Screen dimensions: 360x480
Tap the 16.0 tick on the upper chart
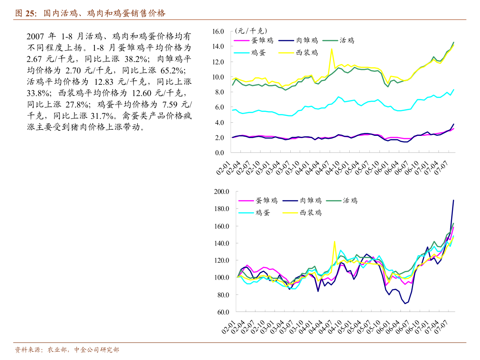(x=218, y=31)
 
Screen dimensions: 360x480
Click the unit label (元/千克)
(x=250, y=31)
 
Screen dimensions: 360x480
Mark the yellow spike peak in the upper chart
(x=332, y=49)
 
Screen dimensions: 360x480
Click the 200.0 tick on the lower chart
(x=222, y=191)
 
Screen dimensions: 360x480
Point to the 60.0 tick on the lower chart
(x=223, y=312)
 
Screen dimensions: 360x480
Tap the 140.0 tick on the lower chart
(x=222, y=243)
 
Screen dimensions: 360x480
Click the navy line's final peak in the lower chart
(x=453, y=200)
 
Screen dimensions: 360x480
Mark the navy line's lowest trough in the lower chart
(x=405, y=303)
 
